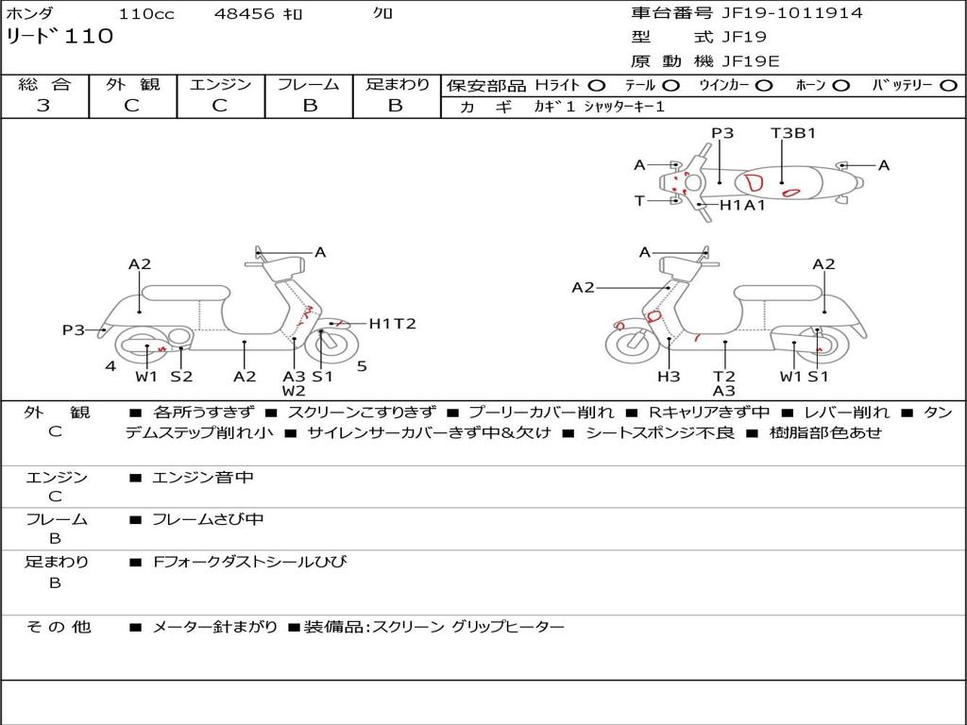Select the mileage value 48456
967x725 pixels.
coord(246,14)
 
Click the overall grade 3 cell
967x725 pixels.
coord(43,106)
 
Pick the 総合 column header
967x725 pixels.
coord(44,85)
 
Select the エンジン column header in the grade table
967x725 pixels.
coord(220,85)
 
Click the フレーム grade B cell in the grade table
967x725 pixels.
coord(309,106)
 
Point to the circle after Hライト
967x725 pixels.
coord(596,86)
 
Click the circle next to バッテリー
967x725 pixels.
coord(949,86)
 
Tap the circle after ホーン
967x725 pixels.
coord(841,86)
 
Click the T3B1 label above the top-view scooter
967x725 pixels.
coord(793,133)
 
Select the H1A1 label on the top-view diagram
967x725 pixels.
coord(742,205)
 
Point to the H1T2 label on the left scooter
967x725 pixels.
coord(392,324)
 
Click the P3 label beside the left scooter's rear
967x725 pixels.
coord(74,330)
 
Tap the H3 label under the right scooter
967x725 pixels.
coord(669,377)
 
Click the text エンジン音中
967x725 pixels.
coord(203,478)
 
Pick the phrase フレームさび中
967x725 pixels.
coord(208,519)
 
